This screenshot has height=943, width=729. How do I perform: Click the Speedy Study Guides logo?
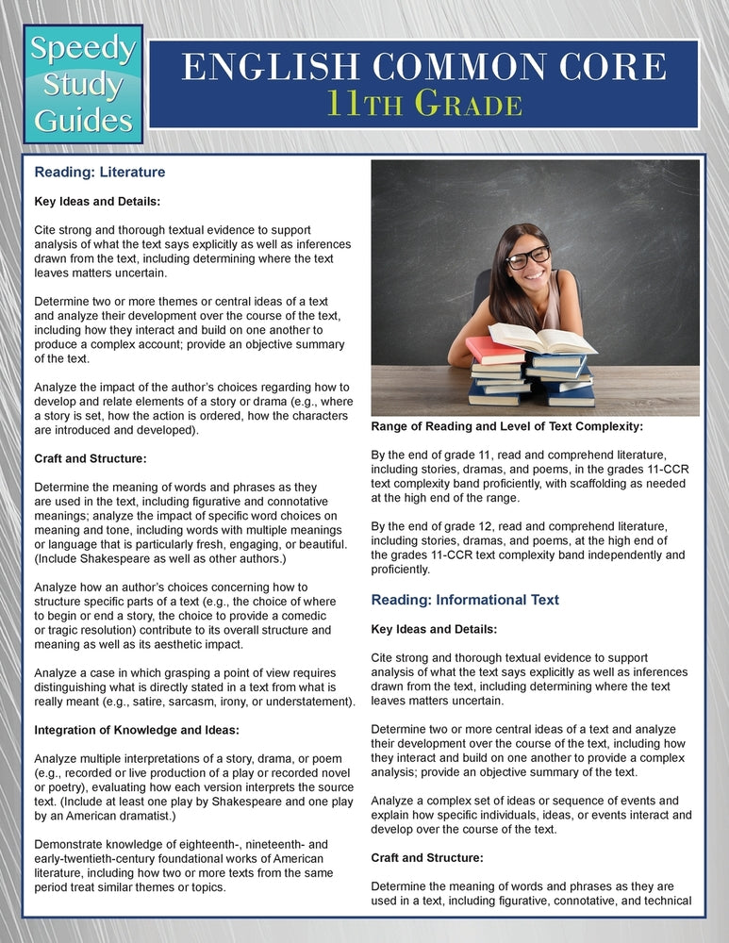[x=83, y=85]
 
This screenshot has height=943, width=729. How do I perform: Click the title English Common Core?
[x=423, y=68]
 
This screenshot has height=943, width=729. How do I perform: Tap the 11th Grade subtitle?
[x=423, y=104]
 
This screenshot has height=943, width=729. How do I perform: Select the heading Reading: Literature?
[x=100, y=173]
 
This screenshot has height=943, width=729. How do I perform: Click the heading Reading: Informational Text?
[x=465, y=600]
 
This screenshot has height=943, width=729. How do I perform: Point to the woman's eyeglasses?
[x=527, y=256]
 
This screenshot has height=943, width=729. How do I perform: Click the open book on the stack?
[x=541, y=338]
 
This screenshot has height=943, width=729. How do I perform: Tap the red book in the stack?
[x=495, y=351]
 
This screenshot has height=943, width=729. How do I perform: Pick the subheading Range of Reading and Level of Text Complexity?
[x=506, y=426]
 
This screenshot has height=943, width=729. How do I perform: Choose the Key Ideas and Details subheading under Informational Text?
[x=435, y=629]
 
